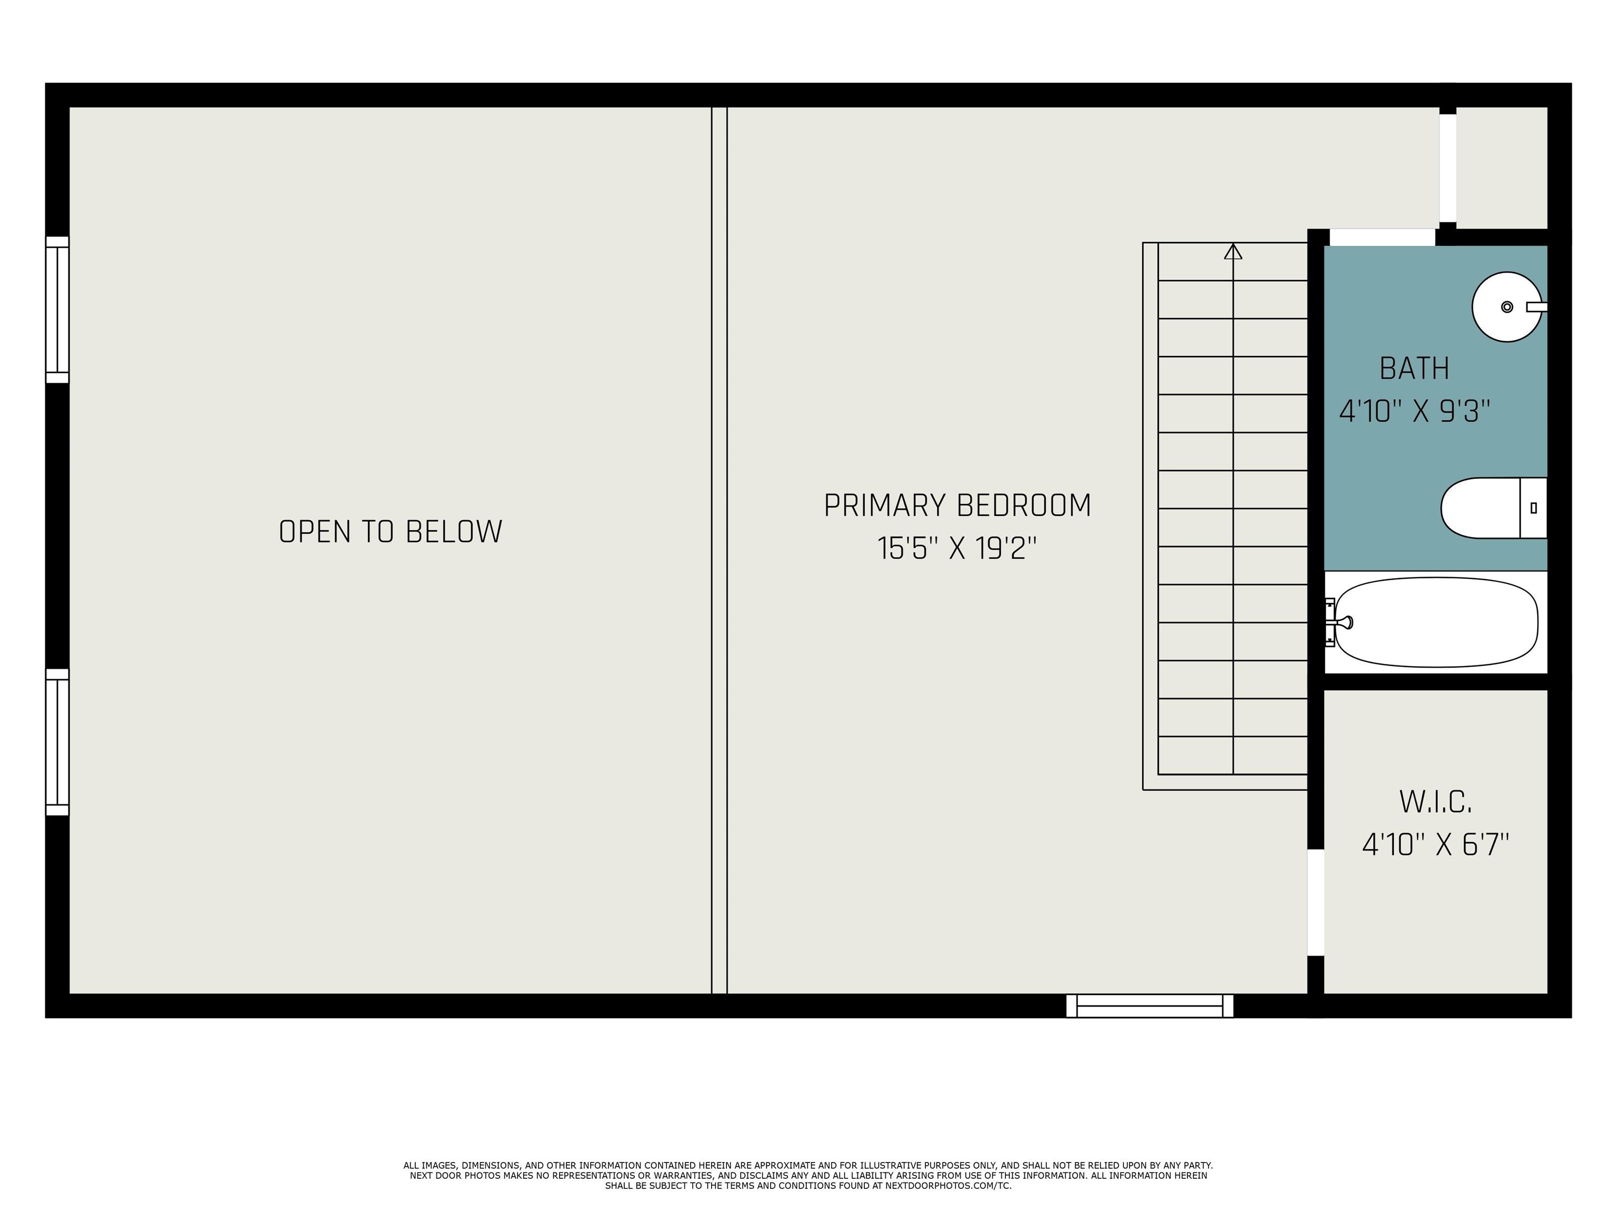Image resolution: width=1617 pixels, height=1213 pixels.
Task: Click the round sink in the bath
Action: coord(1506,306)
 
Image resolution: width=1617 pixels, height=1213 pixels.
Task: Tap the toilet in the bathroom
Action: coord(1488,508)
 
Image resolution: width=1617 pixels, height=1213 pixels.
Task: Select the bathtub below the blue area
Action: coord(1436,622)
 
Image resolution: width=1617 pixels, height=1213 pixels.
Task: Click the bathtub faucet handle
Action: coord(1344,622)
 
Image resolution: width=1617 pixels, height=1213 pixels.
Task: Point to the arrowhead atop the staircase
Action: coord(1233,252)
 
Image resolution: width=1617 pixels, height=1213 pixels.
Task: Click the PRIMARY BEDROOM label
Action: coord(957,506)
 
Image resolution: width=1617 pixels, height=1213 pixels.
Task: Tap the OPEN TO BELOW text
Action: coord(391,532)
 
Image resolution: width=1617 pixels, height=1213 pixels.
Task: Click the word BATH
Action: coord(1414,369)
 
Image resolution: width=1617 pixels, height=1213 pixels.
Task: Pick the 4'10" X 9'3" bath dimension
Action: coord(1414,411)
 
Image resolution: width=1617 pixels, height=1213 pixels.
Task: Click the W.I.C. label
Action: coord(1435,802)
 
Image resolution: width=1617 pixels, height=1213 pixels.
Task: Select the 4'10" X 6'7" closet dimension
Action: coord(1435,845)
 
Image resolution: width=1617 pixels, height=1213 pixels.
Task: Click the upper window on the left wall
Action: coord(57,309)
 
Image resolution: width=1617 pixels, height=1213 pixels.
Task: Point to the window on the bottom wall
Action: coord(1149,1006)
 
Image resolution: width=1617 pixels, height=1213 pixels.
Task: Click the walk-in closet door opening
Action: coord(1315,902)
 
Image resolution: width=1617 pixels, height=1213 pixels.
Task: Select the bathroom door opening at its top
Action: coord(1382,237)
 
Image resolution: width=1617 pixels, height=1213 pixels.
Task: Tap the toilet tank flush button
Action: coord(1534,508)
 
